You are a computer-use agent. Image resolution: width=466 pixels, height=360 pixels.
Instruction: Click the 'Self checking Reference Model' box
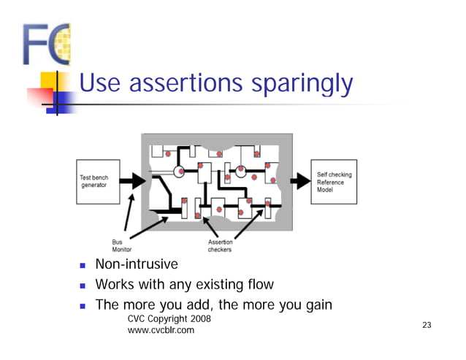click(334, 182)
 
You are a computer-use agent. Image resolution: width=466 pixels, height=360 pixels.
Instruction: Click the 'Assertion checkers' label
click(220, 245)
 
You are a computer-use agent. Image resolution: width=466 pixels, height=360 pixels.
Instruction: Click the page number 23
click(427, 325)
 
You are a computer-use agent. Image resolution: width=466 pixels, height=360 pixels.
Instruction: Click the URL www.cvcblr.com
click(161, 331)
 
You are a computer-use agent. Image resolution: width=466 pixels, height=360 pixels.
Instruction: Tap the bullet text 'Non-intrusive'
click(137, 264)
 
